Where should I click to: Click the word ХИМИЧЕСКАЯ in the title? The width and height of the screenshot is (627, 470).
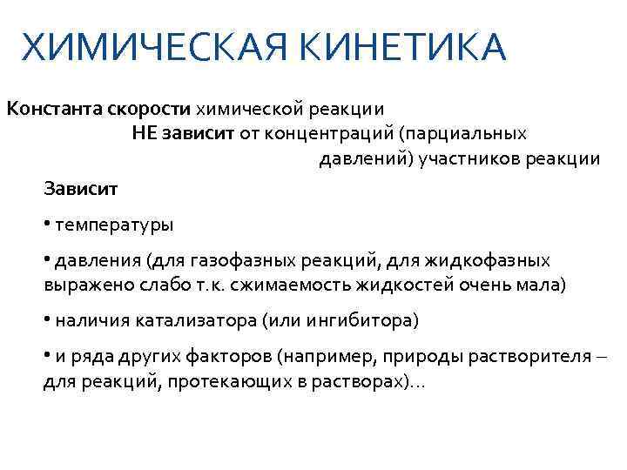point(139,47)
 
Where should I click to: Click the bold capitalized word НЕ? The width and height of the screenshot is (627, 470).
point(145,134)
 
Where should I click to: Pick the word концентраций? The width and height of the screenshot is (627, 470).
point(337,134)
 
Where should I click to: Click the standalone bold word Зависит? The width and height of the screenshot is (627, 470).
point(79,187)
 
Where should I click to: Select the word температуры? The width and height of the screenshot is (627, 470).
point(114,225)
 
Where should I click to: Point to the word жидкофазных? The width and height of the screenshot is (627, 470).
point(496,260)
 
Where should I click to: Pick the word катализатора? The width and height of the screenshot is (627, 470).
point(197,321)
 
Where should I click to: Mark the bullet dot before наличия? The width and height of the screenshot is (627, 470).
point(47,319)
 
